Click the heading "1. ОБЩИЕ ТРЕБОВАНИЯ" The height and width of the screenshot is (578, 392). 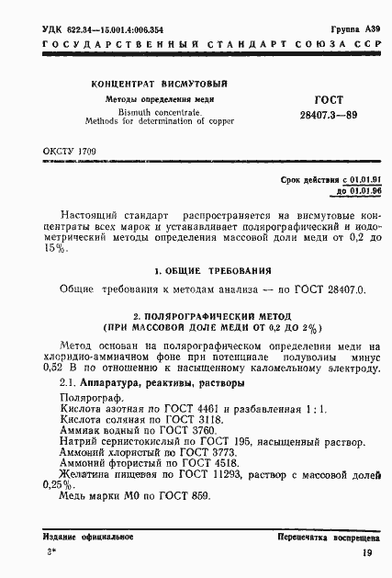pos(212,271)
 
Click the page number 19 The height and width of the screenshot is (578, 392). pos(366,553)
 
